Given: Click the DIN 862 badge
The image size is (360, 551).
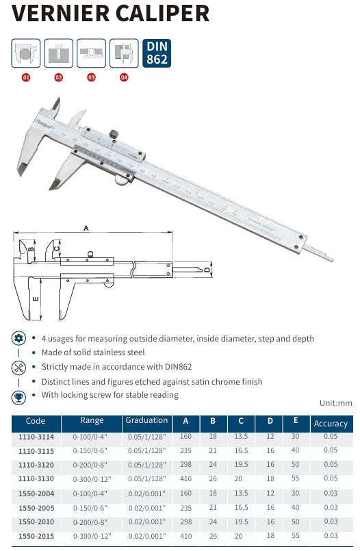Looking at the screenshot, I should coord(157,53).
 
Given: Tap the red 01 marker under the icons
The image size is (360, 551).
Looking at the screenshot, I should coord(26,78).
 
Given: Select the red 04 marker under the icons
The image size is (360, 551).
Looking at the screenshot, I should coord(124,78).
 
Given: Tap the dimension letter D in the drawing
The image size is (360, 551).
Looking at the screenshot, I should coord(207,270).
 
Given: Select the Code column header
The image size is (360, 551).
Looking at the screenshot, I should coord(36,422).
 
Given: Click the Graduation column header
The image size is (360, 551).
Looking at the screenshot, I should coord(146,421).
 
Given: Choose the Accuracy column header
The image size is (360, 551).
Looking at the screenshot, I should coord(331,424).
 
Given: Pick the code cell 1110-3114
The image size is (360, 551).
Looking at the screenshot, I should coord(36,437).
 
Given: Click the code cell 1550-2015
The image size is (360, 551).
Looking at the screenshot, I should coord(36,535).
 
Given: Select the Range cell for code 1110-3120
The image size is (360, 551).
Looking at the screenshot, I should coord(92,464).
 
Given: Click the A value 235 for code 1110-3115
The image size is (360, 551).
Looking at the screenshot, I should coord(185,450).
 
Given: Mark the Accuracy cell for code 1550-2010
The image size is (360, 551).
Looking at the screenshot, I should coord(331,522).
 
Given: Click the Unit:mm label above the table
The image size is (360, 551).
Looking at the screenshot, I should coord(336,404).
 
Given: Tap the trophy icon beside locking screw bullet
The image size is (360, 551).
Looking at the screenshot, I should coord(19,396).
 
